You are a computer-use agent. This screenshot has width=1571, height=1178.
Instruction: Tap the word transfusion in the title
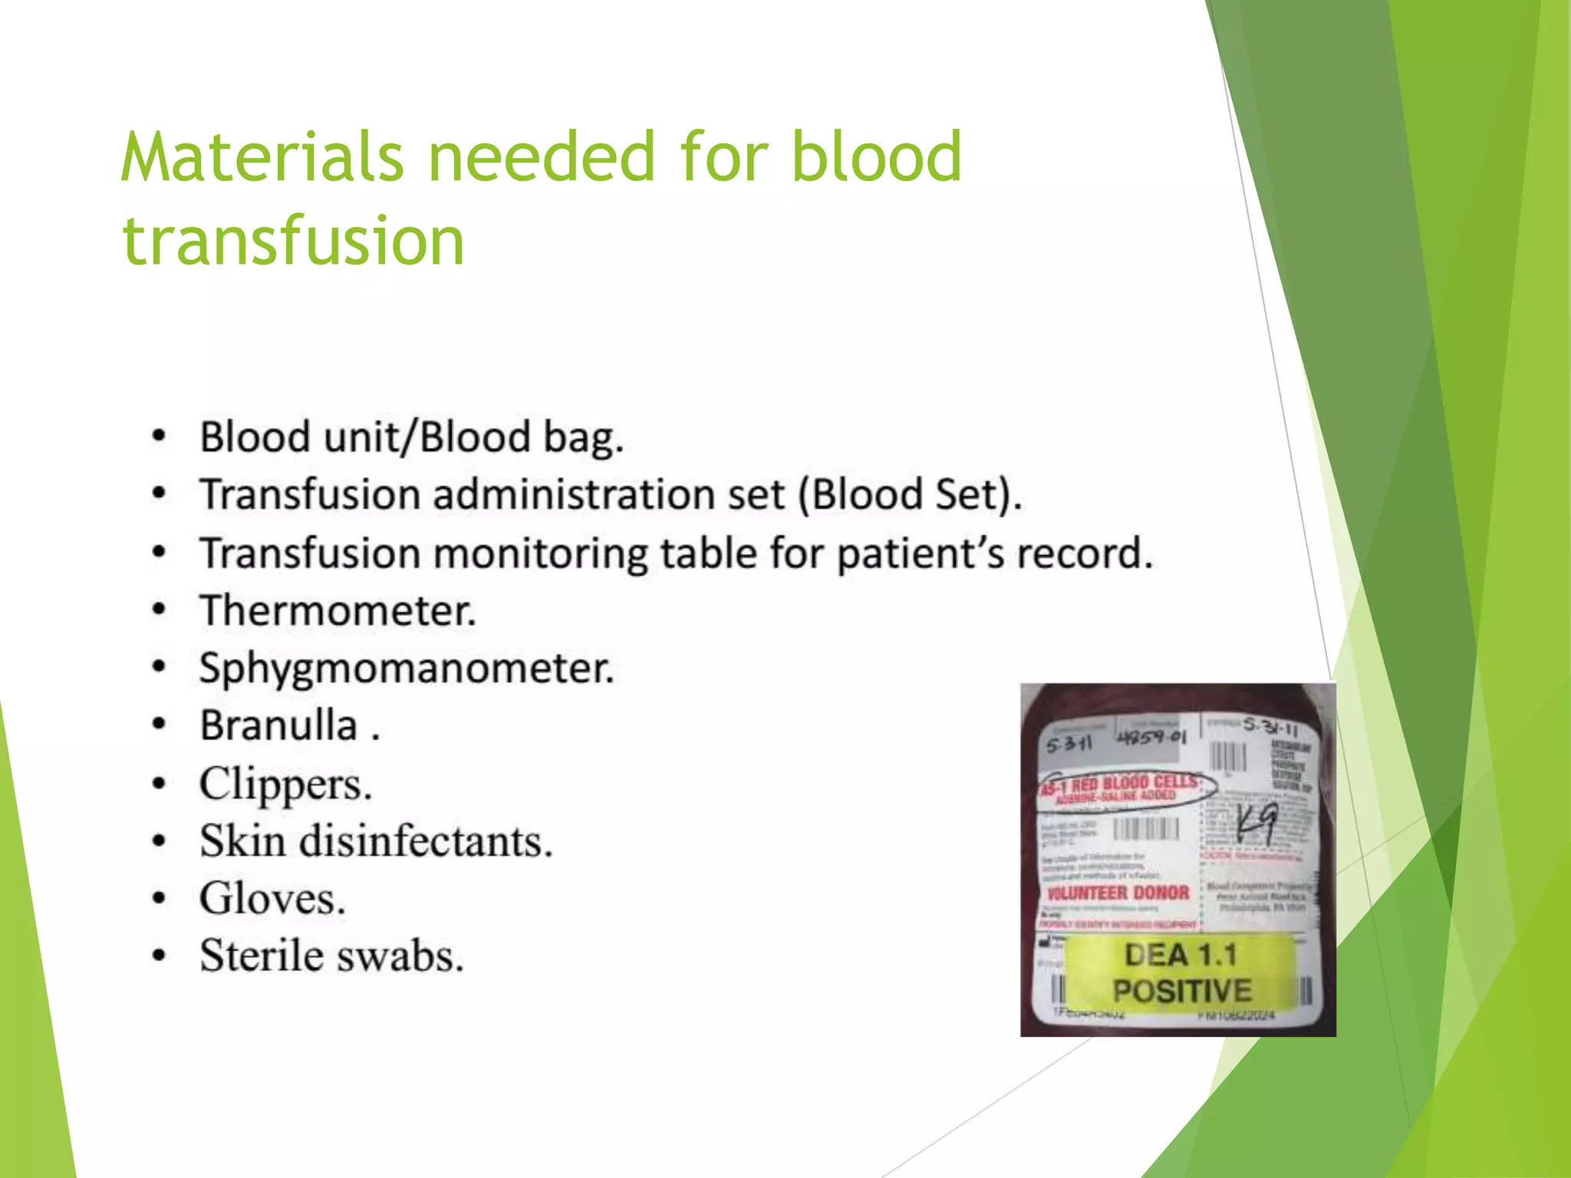(x=293, y=241)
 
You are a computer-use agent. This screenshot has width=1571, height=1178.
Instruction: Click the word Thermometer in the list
(x=338, y=611)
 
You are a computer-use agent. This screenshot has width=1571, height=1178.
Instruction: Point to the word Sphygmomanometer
(x=407, y=669)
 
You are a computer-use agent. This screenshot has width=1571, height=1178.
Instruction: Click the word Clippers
(x=285, y=785)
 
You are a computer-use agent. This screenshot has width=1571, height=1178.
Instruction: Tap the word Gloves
(x=272, y=899)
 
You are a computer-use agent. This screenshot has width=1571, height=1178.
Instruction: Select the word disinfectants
(x=426, y=841)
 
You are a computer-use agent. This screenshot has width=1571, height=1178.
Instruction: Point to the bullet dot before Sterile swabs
(x=159, y=956)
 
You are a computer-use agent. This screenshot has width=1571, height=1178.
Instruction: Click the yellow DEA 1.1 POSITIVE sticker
(x=1181, y=972)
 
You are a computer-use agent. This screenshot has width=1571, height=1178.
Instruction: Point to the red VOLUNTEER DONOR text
(x=1118, y=893)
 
